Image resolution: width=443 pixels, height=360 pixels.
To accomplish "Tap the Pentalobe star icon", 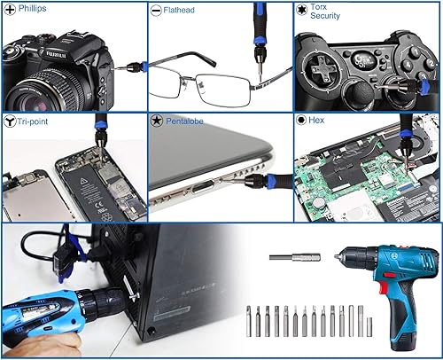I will [157, 120].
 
